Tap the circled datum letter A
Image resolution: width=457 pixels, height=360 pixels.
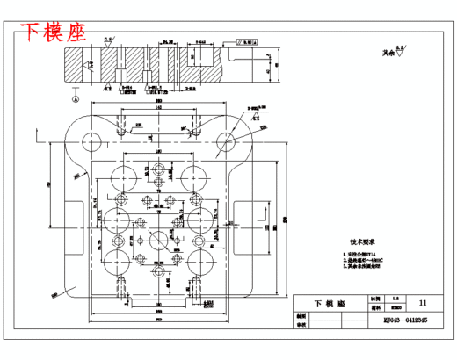click(76, 99)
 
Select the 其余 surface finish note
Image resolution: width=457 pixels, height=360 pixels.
click(381, 54)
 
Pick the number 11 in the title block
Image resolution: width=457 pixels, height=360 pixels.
click(424, 302)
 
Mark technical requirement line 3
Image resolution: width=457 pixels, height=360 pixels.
click(359, 270)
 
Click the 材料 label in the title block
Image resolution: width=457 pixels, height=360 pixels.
click(375, 308)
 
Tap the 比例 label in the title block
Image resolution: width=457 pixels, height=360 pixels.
click(375, 299)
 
